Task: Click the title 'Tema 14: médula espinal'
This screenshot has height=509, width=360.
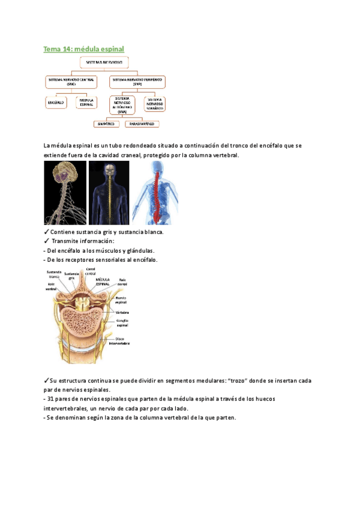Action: (84, 49)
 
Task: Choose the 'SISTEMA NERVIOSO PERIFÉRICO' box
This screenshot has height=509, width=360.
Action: (137, 82)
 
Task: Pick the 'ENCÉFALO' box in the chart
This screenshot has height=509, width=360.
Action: (57, 103)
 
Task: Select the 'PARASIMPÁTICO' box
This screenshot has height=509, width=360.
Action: (143, 124)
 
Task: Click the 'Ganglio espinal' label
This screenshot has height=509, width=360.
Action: (118, 324)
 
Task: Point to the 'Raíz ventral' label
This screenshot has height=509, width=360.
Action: (52, 287)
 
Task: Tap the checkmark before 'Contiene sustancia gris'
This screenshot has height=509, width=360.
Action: (47, 232)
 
